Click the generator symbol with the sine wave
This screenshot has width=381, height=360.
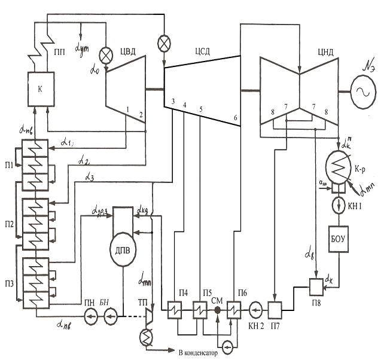362,91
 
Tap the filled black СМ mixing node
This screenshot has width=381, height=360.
218,310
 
